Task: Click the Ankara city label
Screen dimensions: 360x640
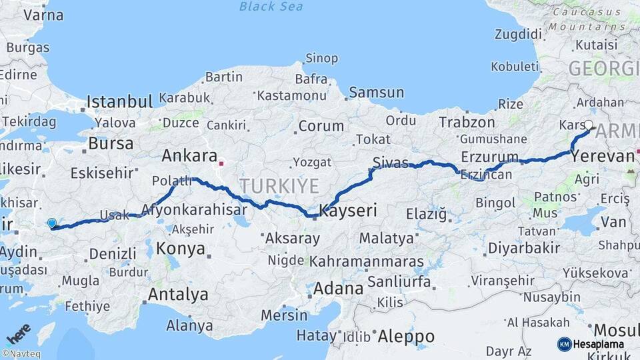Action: [x=189, y=157]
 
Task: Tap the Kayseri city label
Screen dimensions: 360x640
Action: [x=348, y=211]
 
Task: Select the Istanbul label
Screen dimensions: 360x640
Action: [x=120, y=102]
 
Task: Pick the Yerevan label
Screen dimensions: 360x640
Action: [x=603, y=157]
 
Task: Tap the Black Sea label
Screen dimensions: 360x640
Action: [x=271, y=7]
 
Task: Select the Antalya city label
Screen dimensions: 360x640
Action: [x=178, y=295]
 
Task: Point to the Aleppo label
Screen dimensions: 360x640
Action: [x=405, y=337]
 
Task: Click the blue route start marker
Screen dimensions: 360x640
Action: [x=52, y=223]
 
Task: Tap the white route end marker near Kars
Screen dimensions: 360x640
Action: [x=589, y=125]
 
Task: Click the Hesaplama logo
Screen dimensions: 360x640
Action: [x=591, y=344]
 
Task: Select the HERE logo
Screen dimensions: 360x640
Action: [x=19, y=333]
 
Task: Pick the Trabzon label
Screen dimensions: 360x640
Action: [x=467, y=123]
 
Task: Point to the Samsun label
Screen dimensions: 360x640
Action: [x=376, y=93]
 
